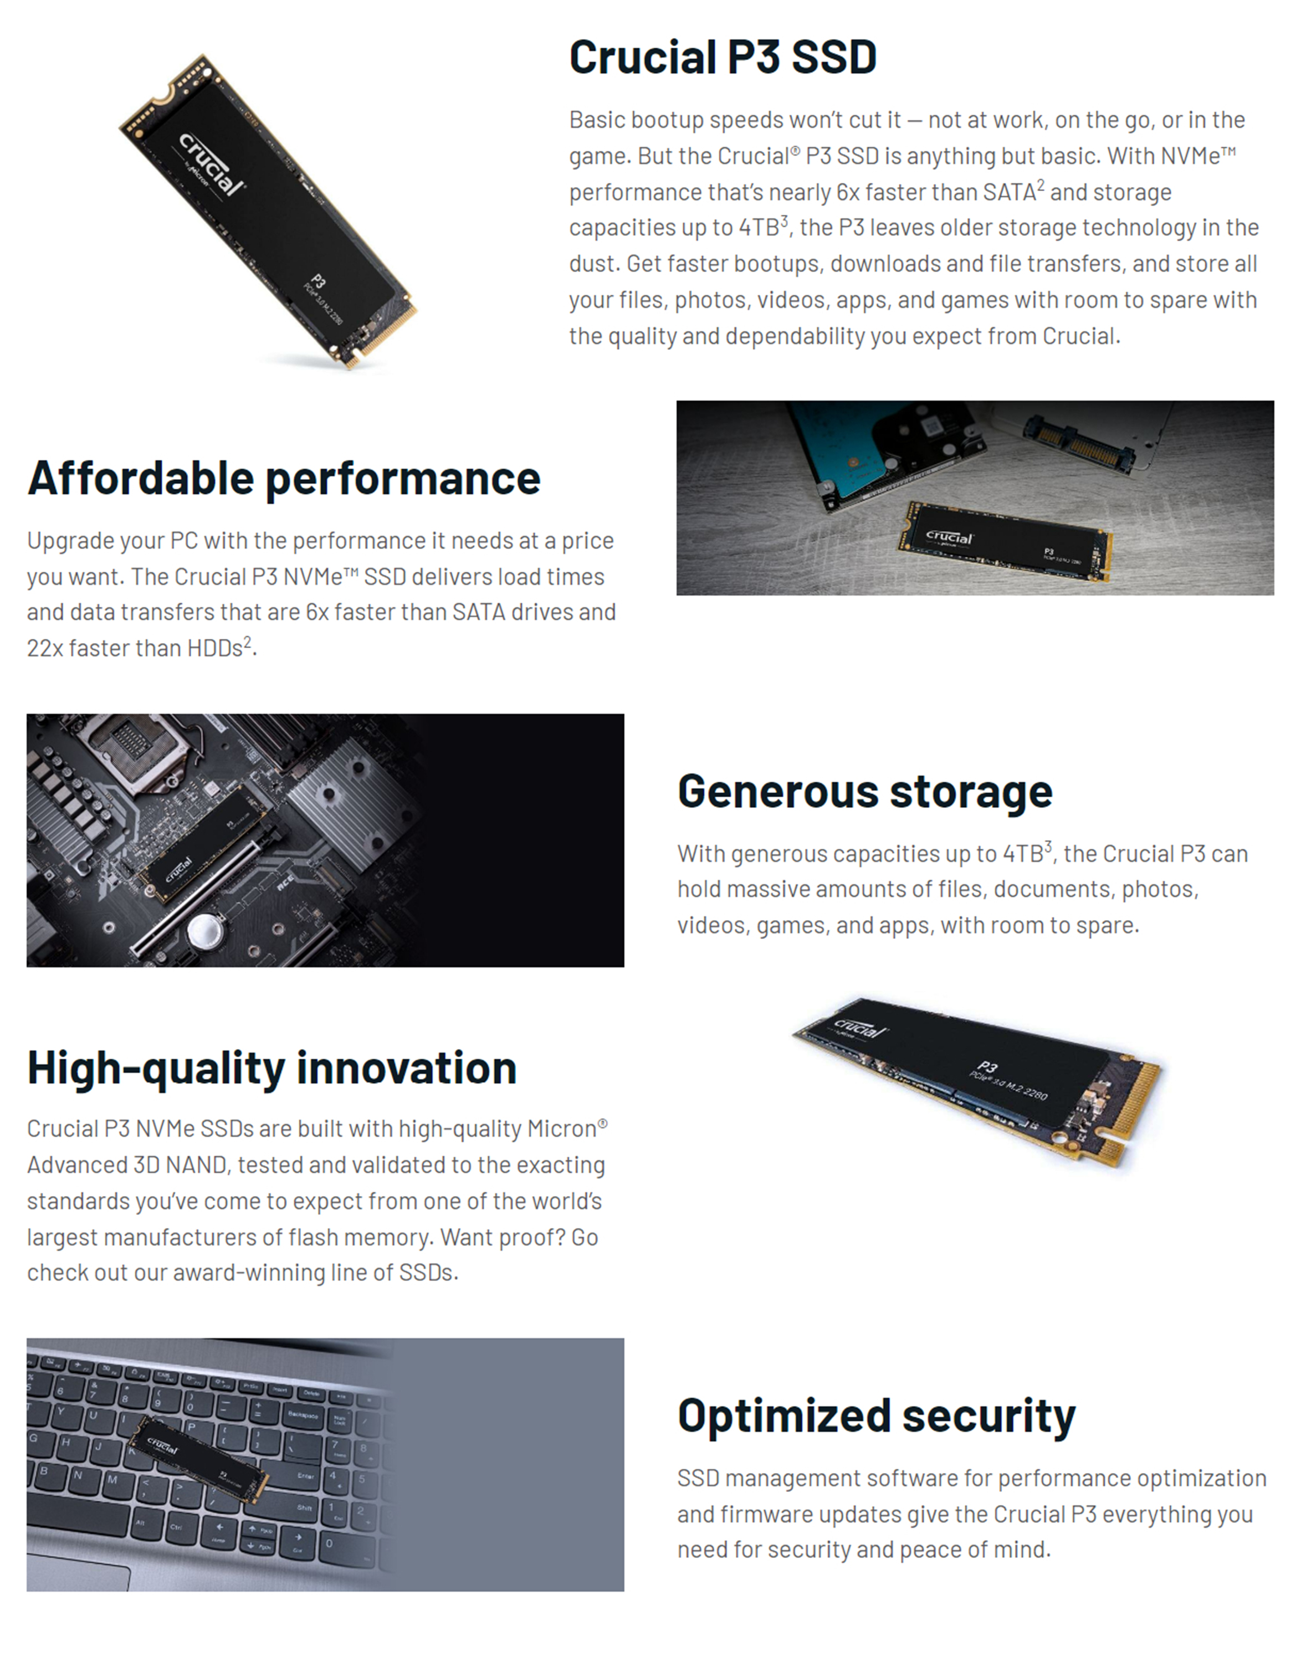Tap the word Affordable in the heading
click(x=140, y=478)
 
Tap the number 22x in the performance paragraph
click(x=44, y=648)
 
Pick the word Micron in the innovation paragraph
click(x=560, y=1129)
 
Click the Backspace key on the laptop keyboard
click(x=303, y=1415)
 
